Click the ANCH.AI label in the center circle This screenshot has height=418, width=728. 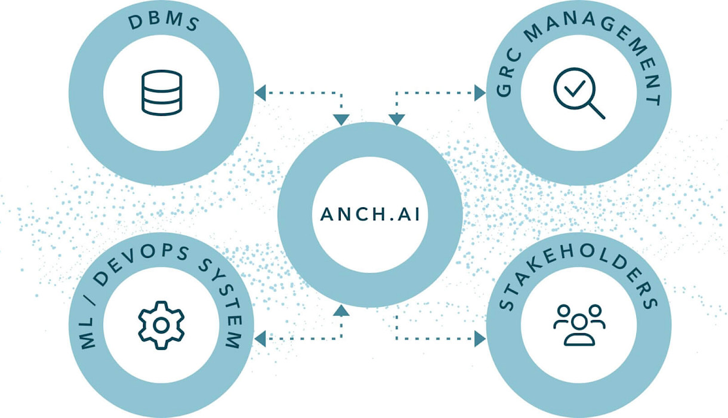(369, 214)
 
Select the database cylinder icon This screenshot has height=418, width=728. (161, 93)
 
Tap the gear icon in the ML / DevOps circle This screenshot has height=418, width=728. (161, 325)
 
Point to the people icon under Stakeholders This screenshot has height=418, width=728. (579, 325)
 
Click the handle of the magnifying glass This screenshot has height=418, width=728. (596, 110)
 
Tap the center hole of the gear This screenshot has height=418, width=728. (161, 325)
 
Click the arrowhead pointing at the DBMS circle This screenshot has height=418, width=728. (260, 93)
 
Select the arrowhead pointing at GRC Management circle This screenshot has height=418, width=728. (480, 93)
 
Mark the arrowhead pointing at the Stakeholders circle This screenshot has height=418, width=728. (480, 339)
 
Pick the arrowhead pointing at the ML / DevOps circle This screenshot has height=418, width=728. (260, 339)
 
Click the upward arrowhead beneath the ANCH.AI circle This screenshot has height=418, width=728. (341, 310)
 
